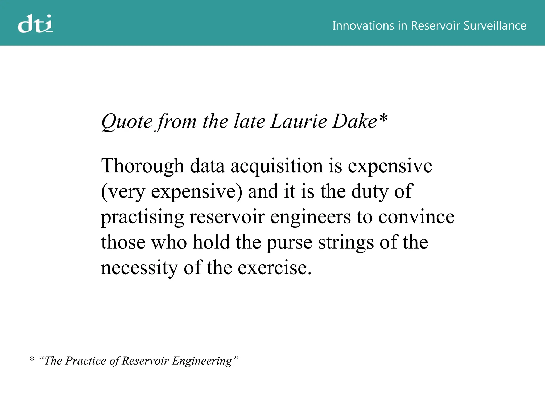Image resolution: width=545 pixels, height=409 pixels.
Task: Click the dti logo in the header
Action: [x=35, y=24]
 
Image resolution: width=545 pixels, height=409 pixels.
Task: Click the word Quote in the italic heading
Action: [x=127, y=122]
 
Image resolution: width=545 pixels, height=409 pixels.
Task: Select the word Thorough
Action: [x=142, y=166]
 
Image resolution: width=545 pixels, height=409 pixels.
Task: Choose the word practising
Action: [x=142, y=217]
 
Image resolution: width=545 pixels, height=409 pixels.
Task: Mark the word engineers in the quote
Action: [x=310, y=217]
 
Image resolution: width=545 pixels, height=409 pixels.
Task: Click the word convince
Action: [x=416, y=217]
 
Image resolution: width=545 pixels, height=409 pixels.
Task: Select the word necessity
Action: [x=139, y=268]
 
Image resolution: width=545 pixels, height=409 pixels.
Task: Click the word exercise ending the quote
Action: [x=274, y=268]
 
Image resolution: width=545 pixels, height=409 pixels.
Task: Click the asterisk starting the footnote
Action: [x=32, y=359]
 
